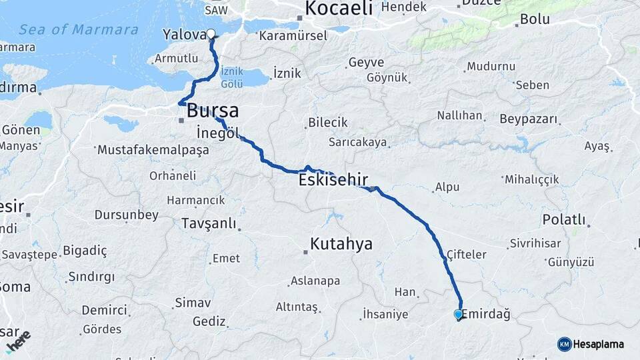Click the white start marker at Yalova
[x=211, y=34]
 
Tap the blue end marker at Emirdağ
[x=458, y=314]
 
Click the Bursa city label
[x=213, y=111]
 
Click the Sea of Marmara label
[x=79, y=30]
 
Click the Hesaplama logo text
[x=598, y=344]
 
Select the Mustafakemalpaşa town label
[x=153, y=150]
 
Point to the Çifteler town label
[x=466, y=255]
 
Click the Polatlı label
[x=564, y=220]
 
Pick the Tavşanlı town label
[x=209, y=224]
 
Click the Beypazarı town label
[x=528, y=119]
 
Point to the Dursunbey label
[x=127, y=215]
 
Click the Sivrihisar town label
[x=535, y=243]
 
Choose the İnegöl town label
[x=218, y=131]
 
